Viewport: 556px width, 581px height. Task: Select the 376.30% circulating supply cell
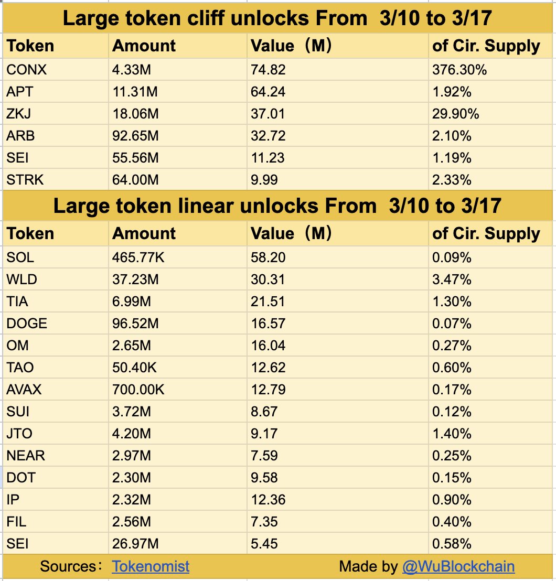(x=459, y=70)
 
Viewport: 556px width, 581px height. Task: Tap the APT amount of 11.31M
(x=135, y=92)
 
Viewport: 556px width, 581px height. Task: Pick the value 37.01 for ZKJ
(x=268, y=114)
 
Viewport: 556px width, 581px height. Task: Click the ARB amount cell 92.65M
(x=135, y=136)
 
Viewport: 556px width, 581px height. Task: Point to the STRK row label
(x=25, y=180)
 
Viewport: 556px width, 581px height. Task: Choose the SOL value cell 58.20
(x=268, y=257)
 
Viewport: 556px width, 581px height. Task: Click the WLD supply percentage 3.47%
(x=452, y=279)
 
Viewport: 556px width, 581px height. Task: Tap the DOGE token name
(x=27, y=324)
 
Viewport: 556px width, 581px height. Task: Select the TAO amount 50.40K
(x=135, y=368)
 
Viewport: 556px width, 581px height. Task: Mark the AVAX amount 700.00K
(x=138, y=390)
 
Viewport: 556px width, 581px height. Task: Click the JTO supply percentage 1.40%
(x=452, y=434)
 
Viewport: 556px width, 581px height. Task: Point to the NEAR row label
(x=26, y=456)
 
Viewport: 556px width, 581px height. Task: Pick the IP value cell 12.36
(x=268, y=500)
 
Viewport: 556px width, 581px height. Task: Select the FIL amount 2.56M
(x=132, y=522)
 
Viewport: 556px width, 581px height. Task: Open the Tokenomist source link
(x=151, y=567)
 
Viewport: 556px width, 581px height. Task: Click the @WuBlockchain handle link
(x=458, y=567)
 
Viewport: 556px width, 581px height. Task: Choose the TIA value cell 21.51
(x=268, y=302)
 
